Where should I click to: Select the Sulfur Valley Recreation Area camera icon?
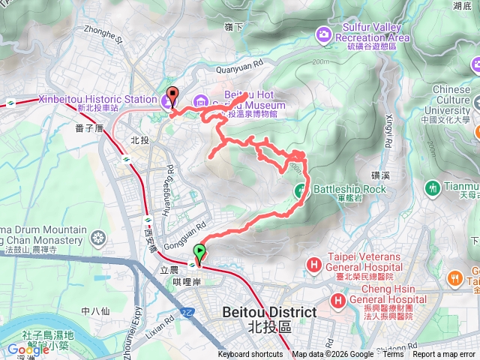click(324, 33)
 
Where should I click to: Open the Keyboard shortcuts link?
click(250, 355)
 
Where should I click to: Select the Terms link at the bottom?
click(393, 355)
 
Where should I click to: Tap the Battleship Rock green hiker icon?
click(301, 189)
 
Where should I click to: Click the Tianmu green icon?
click(432, 186)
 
